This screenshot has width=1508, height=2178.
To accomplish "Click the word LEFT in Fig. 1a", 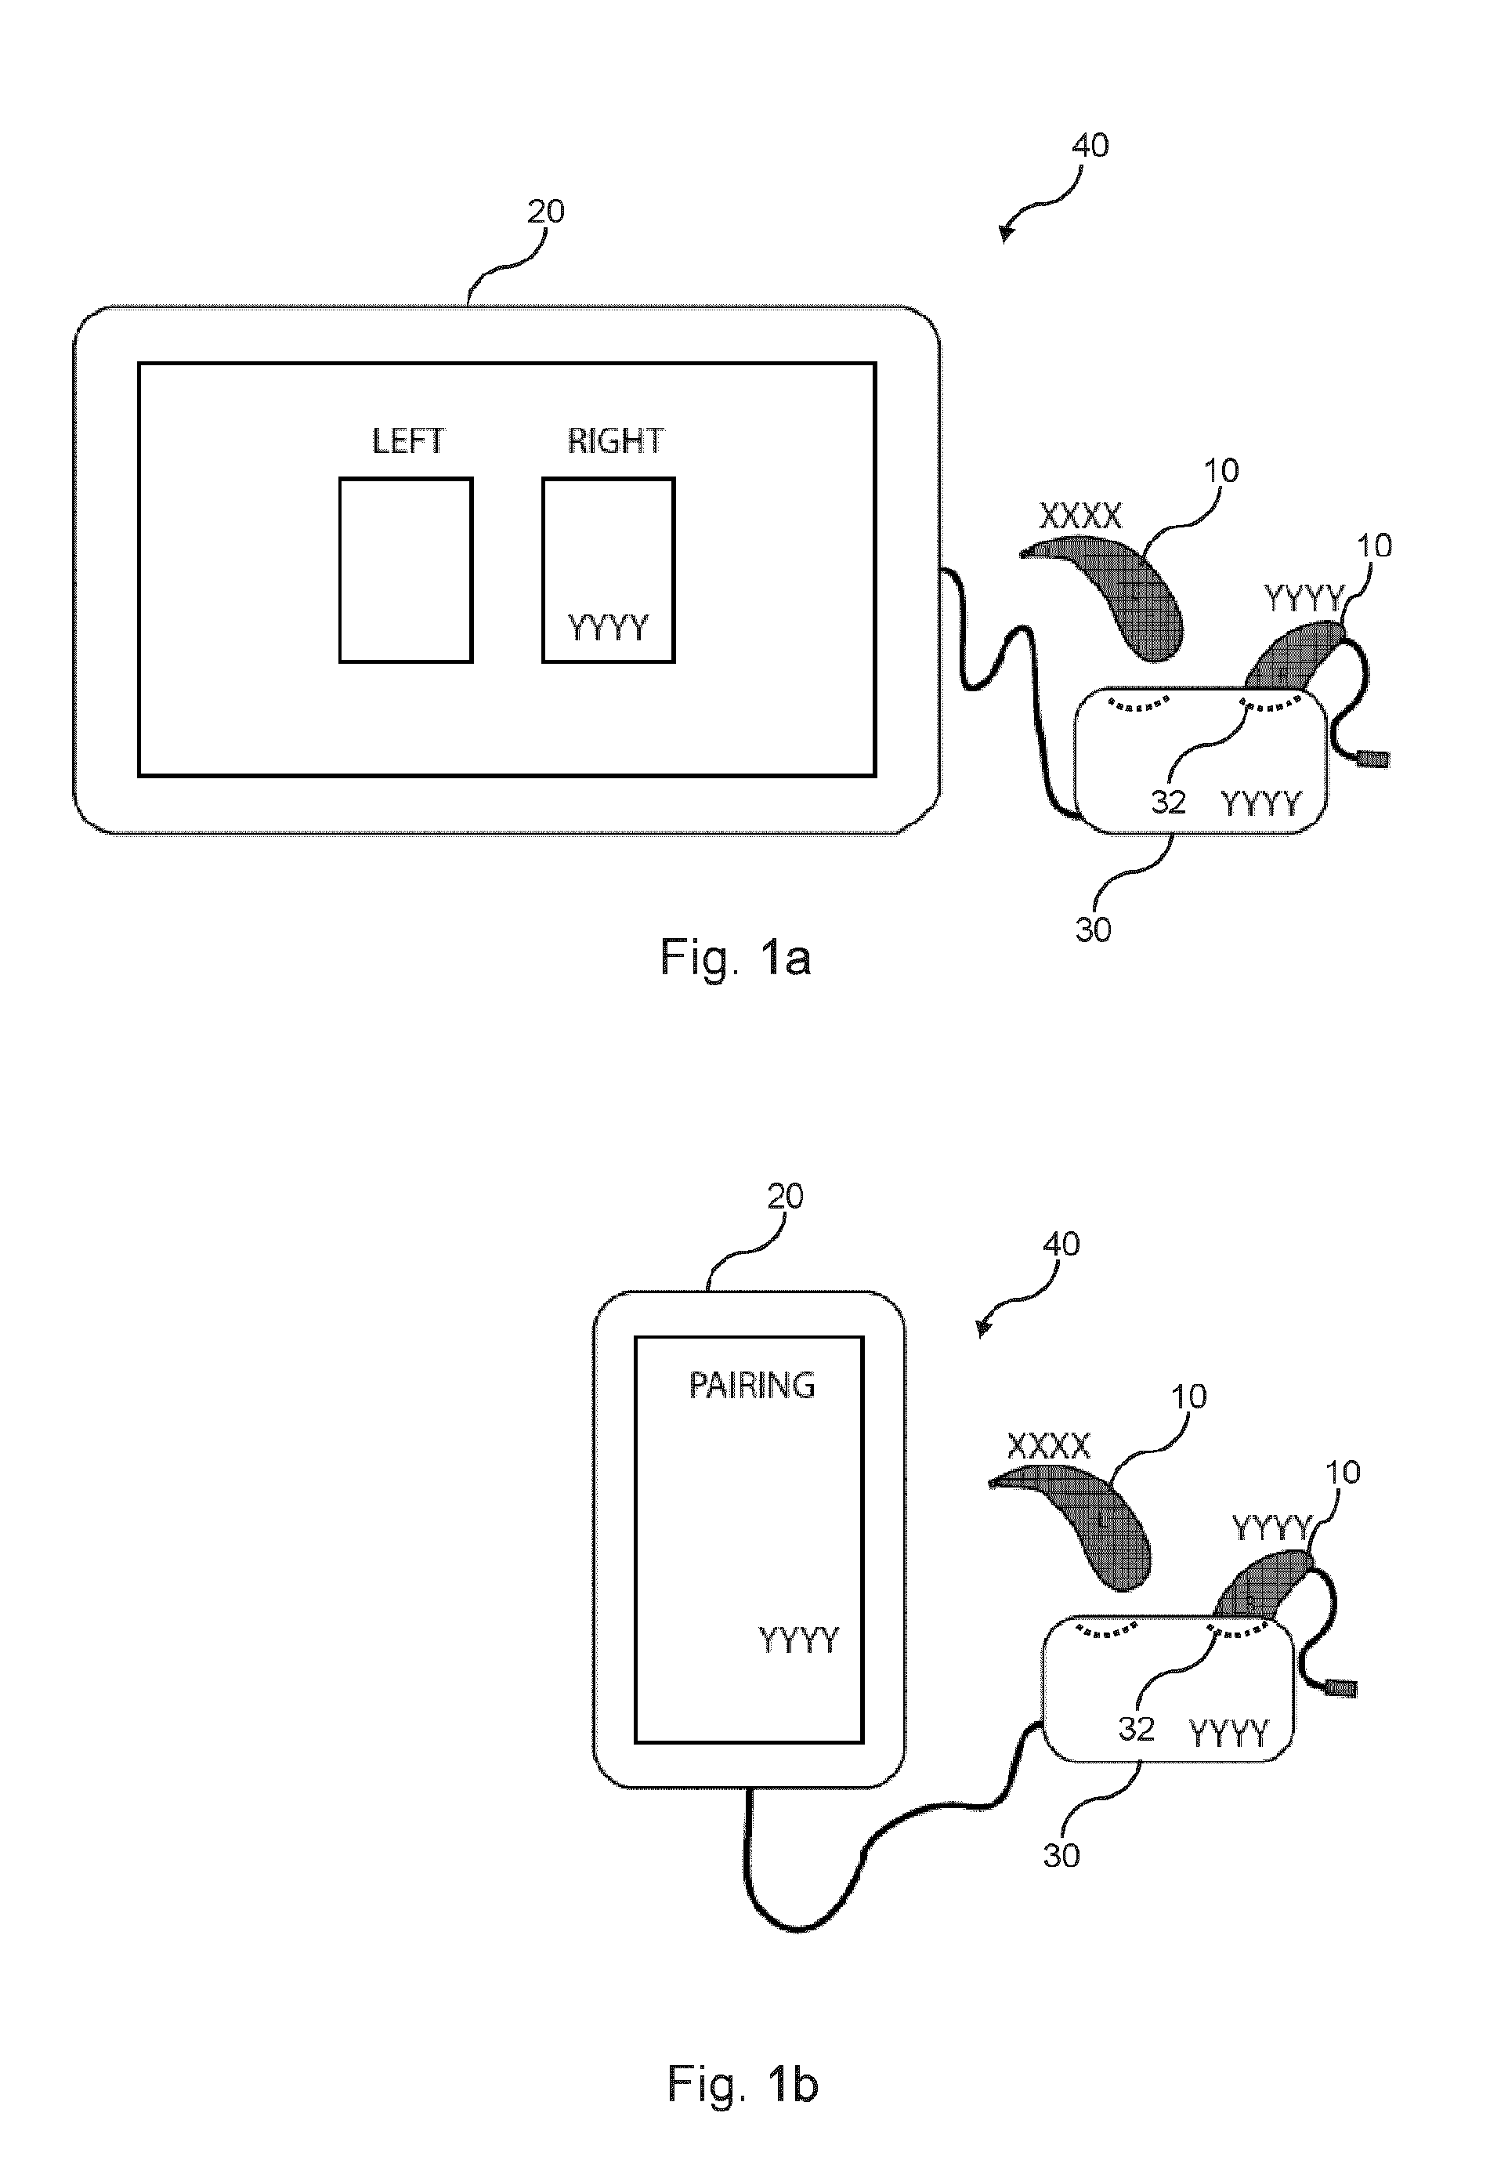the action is point(407,440).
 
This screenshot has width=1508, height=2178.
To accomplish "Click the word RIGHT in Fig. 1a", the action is point(615,440).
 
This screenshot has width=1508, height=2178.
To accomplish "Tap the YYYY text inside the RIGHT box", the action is point(608,627).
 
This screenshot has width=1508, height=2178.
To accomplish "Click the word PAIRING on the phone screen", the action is point(751,1386).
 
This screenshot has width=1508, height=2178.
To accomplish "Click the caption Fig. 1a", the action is point(735,959).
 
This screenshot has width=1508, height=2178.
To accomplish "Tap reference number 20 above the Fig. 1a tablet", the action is point(545,211).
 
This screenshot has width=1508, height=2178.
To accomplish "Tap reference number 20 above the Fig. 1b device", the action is point(784,1197).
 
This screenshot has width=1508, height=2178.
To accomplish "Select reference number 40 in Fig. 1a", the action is point(1090,146).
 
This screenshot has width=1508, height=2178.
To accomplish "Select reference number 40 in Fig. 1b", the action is point(1061,1244).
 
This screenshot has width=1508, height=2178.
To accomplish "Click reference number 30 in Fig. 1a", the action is point(1094,930).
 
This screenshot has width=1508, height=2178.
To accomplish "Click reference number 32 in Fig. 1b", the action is point(1137,1729).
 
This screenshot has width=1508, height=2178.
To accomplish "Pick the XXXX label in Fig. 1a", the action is point(1081,516).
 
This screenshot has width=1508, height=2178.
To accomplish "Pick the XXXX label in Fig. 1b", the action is point(1049,1445).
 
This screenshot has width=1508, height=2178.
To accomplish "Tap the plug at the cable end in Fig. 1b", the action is point(1342,1687).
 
